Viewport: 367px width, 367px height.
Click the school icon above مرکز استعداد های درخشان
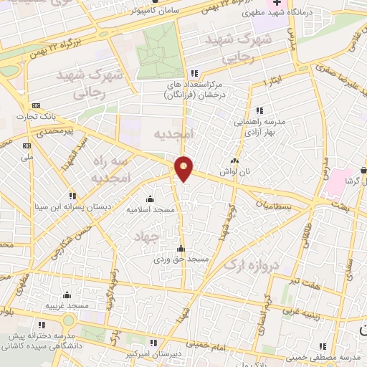coord(194,73)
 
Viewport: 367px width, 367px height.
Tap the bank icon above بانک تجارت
coord(37,105)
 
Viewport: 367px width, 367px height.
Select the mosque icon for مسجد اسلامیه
coord(150,199)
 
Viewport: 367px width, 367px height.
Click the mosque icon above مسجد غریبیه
coord(67,295)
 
